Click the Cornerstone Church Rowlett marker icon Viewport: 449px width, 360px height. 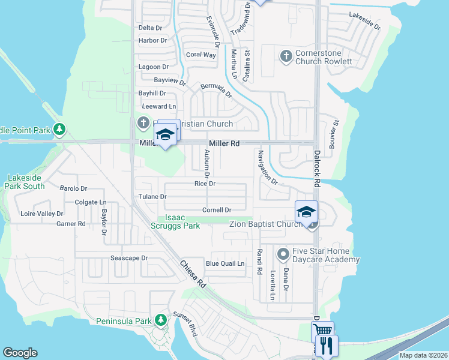286,56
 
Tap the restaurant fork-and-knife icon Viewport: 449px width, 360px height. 327,344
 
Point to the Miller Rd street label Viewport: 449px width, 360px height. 224,144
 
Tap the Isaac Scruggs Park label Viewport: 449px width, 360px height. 182,222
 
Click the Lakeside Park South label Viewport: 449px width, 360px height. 26,182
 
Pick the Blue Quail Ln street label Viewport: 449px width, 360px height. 225,263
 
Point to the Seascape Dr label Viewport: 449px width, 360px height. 128,258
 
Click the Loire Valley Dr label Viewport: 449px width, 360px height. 42,214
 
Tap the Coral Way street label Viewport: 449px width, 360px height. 200,55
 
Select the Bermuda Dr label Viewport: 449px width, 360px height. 216,91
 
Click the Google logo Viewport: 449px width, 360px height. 20,353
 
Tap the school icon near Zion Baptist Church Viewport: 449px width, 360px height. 306,211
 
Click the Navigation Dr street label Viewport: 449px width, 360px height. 267,167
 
